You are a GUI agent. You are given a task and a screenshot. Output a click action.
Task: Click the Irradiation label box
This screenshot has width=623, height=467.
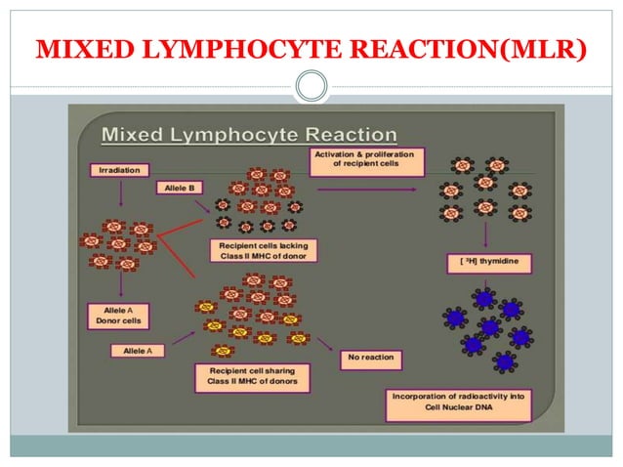click(119, 170)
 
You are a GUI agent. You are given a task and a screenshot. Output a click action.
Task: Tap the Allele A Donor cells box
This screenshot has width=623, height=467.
click(119, 314)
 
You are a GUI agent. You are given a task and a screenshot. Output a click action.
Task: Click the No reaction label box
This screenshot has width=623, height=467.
click(371, 358)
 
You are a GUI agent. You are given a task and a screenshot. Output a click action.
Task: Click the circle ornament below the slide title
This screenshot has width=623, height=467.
click(311, 87)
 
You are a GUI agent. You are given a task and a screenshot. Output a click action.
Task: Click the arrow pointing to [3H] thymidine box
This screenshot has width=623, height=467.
click(484, 234)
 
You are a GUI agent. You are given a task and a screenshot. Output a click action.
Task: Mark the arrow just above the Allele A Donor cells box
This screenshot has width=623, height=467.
click(119, 283)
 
